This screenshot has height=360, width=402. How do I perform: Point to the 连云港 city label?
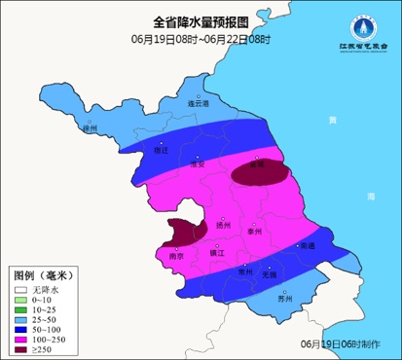198,102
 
